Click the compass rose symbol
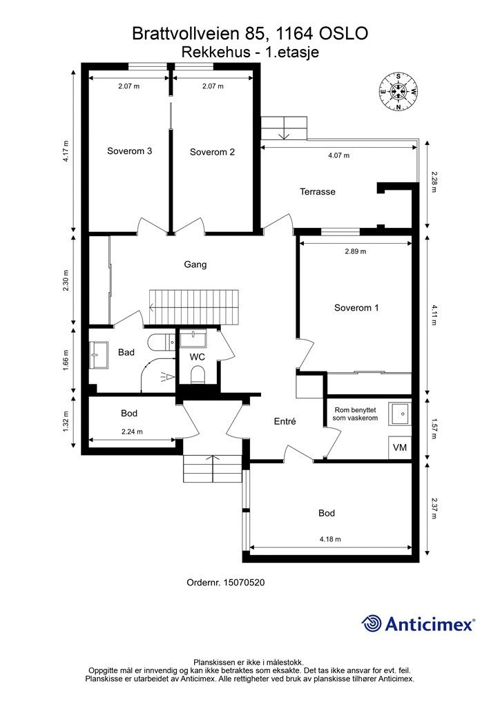[398, 92]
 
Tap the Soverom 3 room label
[129, 151]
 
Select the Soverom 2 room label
[212, 152]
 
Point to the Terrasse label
[318, 192]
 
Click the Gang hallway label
[195, 264]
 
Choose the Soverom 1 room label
[356, 308]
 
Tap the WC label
[197, 357]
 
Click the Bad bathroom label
[126, 352]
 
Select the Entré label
[285, 422]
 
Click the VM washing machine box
[400, 447]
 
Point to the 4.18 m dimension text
[331, 539]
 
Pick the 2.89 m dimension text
[356, 251]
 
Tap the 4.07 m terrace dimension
[338, 155]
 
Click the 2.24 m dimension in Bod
[132, 432]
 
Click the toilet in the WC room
[197, 374]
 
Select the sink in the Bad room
[99, 356]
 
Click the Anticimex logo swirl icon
[372, 623]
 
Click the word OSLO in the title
[343, 34]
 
